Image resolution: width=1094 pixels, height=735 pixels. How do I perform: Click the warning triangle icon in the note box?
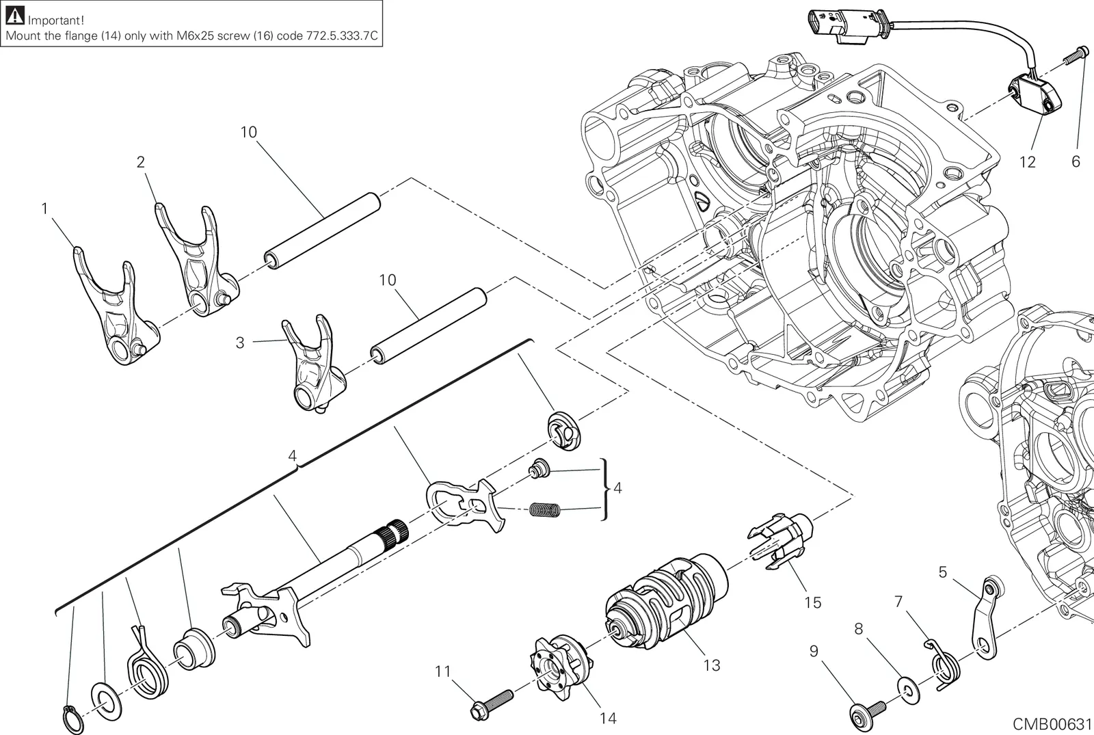pos(14,16)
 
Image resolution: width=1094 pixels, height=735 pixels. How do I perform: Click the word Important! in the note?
pos(55,21)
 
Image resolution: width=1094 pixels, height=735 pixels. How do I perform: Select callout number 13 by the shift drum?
pos(712,665)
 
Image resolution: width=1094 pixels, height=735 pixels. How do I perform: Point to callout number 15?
pos(813,602)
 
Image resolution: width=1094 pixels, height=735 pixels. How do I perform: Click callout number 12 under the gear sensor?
pos(1028,162)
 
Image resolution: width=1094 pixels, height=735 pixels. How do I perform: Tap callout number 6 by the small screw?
pos(1076,161)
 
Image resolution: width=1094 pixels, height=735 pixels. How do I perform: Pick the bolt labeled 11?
pos(492,704)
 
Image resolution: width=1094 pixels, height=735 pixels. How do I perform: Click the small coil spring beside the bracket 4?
pos(544,510)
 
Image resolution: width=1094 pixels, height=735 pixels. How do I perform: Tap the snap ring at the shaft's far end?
pos(72,719)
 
